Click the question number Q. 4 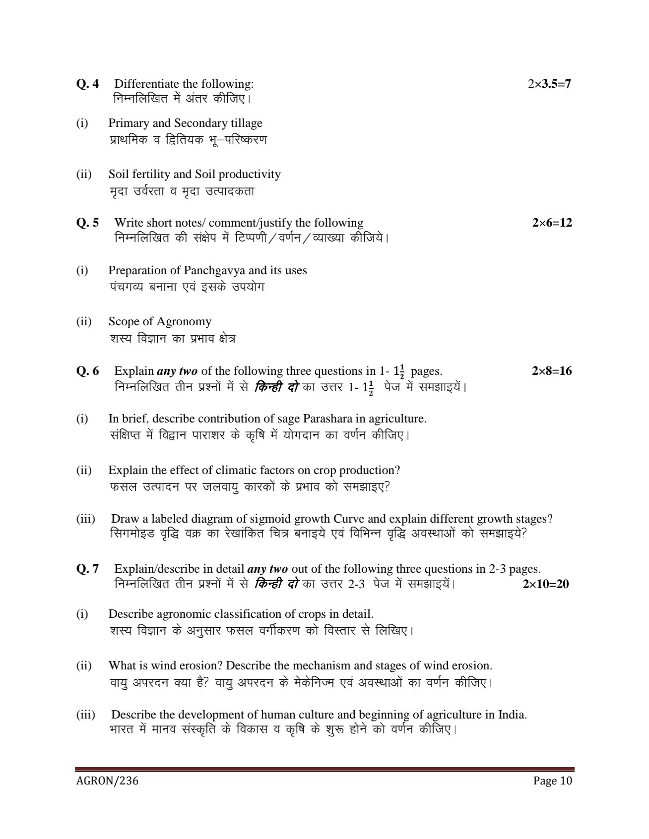pyautogui.click(x=87, y=84)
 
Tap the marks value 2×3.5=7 pyautogui.click(x=550, y=84)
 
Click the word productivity pyautogui.click(x=250, y=174)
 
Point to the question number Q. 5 pyautogui.click(x=87, y=223)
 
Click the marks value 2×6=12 pyautogui.click(x=552, y=223)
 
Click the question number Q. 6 pyautogui.click(x=87, y=371)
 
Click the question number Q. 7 pyautogui.click(x=87, y=569)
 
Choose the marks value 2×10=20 pyautogui.click(x=546, y=584)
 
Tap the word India pyautogui.click(x=512, y=715)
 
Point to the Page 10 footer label pyautogui.click(x=553, y=781)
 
